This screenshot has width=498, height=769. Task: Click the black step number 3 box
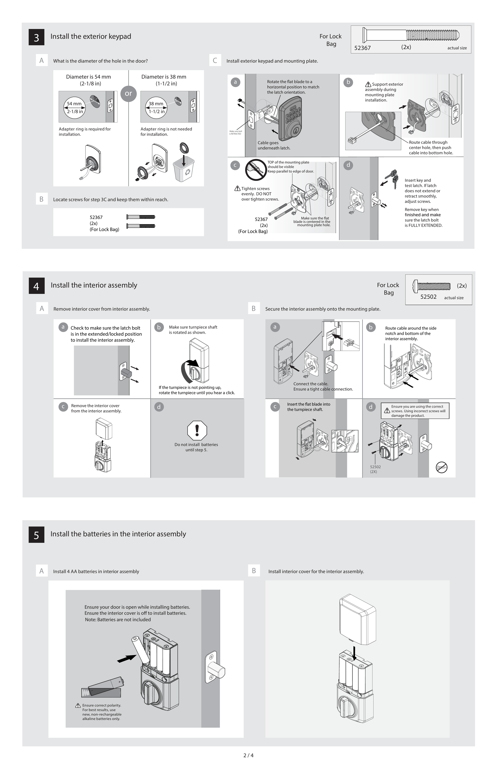(36, 37)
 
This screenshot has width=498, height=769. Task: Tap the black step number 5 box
(36, 535)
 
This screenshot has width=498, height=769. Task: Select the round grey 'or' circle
(128, 94)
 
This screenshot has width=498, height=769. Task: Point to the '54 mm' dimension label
(74, 104)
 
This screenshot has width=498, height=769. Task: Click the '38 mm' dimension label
(156, 104)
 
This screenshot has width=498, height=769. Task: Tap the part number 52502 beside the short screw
(428, 297)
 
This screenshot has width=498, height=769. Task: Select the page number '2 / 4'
(248, 755)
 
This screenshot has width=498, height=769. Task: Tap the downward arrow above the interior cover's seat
(355, 653)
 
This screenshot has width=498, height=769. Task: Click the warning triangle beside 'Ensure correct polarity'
(78, 705)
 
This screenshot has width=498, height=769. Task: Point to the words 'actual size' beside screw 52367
(457, 48)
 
